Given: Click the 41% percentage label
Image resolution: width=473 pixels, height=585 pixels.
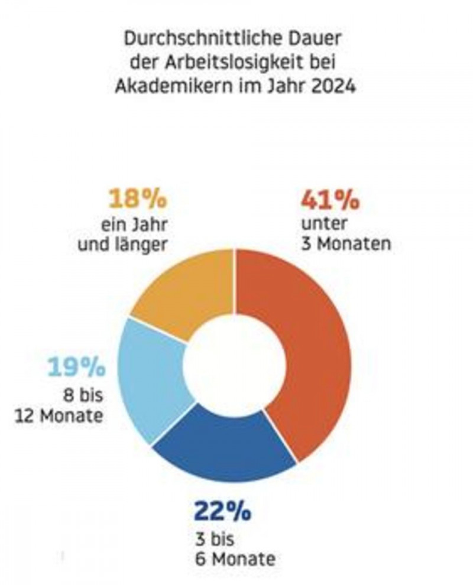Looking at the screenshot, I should (330, 200).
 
